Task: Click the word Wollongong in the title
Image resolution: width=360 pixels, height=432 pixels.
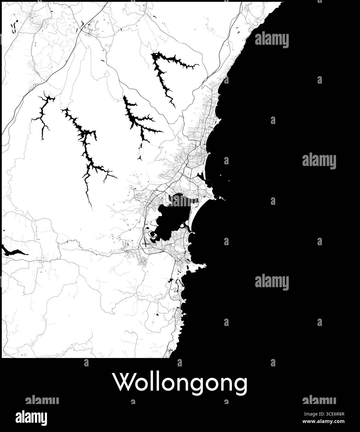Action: pyautogui.click(x=180, y=383)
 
